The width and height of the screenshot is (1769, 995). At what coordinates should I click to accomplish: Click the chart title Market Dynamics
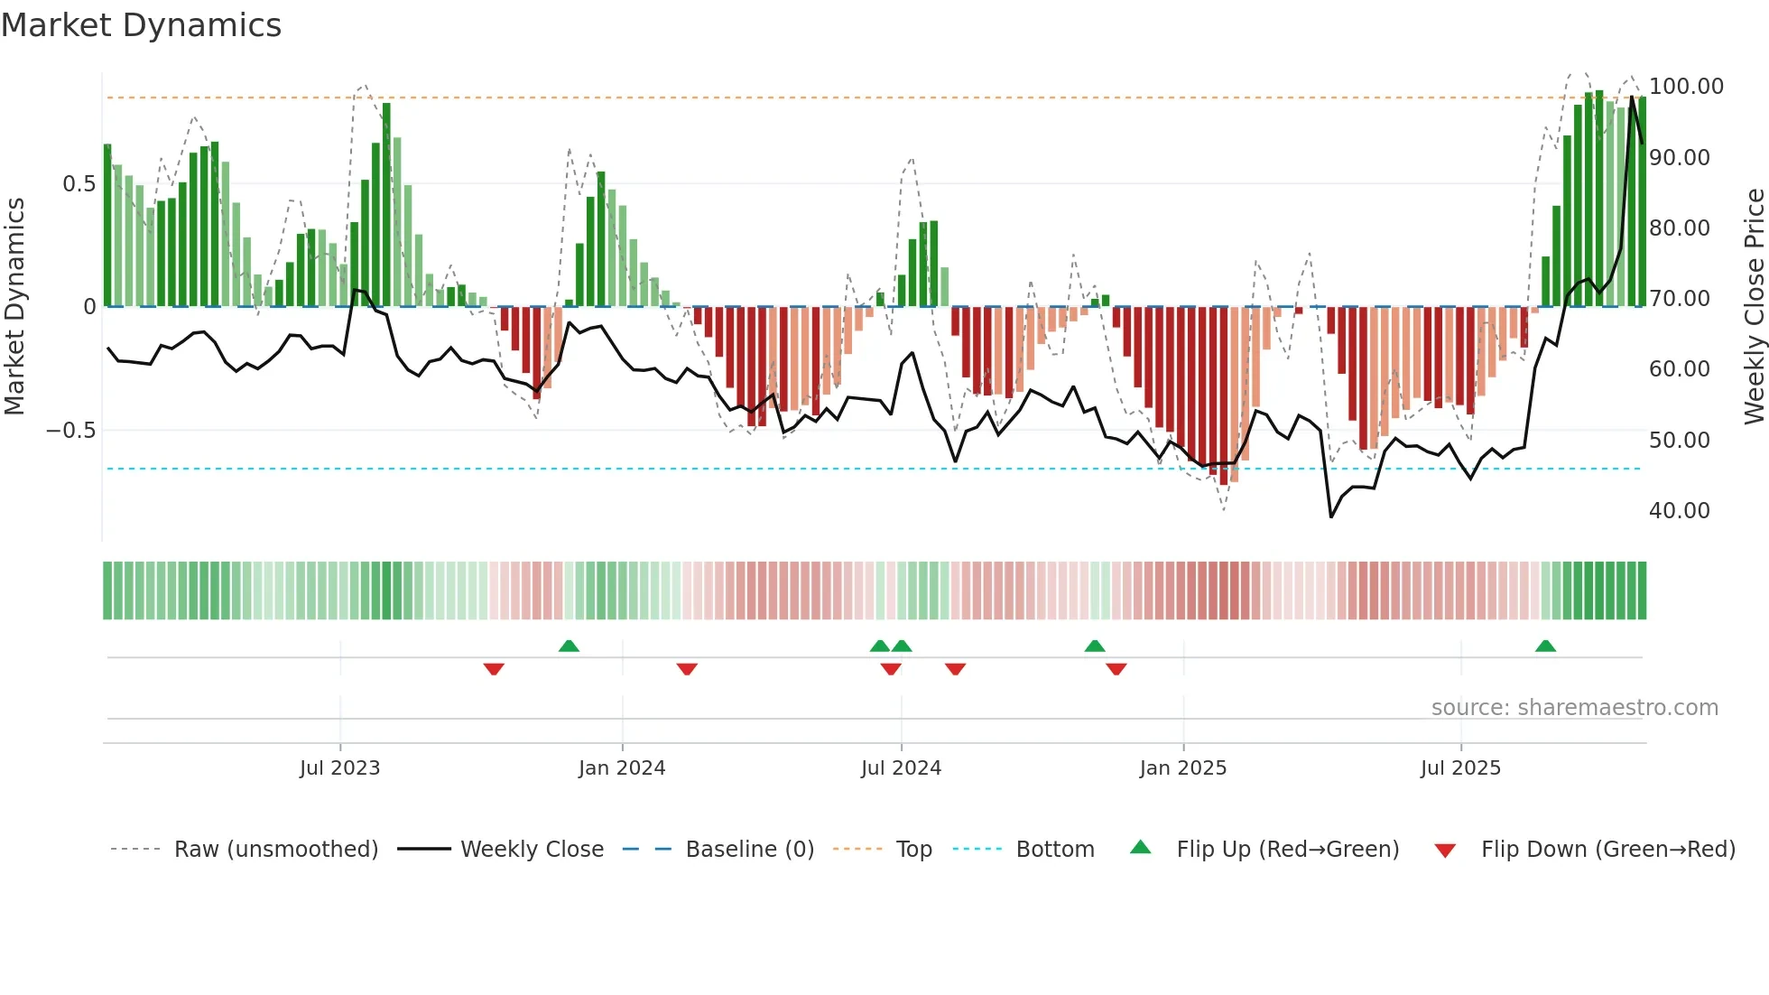click(x=141, y=25)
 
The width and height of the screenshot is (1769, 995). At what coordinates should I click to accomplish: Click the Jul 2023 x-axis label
click(x=339, y=768)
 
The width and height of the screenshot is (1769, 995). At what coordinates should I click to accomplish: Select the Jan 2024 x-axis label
click(x=622, y=768)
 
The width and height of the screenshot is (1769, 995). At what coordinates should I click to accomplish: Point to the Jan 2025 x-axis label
click(x=1182, y=768)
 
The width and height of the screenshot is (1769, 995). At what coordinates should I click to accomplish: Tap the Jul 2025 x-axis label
click(x=1460, y=768)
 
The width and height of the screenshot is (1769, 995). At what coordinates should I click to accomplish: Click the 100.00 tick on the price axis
click(x=1686, y=87)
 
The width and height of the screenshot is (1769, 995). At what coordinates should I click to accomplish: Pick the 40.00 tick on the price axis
click(x=1679, y=511)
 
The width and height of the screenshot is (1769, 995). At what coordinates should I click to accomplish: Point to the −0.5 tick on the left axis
click(x=70, y=431)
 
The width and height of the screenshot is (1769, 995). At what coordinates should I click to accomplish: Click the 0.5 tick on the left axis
click(x=79, y=184)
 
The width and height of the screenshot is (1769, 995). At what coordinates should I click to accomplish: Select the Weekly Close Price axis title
click(x=1754, y=307)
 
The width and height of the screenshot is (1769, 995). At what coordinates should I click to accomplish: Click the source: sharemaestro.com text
click(x=1574, y=708)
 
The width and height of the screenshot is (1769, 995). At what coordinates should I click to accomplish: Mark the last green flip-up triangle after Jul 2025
click(x=1545, y=646)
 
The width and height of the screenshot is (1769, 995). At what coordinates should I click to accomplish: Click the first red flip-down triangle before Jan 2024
click(x=494, y=669)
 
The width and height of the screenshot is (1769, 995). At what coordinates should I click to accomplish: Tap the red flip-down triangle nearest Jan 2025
click(x=1116, y=669)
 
